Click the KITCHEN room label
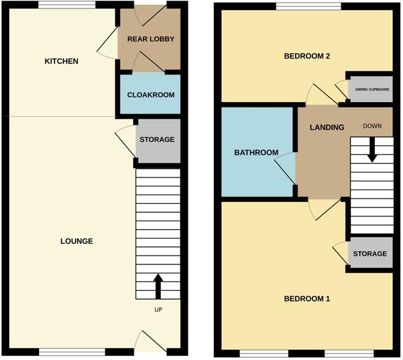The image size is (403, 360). coord(61,61)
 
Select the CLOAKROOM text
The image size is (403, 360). coord(151,95)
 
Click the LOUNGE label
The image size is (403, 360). coord(77,241)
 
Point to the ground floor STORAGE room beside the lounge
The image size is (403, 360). coord(157,140)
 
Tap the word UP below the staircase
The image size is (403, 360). coord(158,310)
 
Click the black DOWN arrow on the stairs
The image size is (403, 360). coord(372,149)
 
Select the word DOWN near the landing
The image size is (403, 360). coord(372,126)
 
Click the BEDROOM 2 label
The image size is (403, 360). coord(307,56)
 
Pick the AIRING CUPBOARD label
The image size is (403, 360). coord(371,89)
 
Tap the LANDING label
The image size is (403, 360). coord(327,127)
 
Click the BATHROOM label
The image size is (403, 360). coord(256,153)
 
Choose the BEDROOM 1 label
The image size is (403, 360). coord(307,299)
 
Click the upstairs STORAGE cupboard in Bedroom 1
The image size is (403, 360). coord(370,254)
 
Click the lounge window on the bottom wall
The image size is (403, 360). coord(71,351)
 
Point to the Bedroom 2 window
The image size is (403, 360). coord(308,6)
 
